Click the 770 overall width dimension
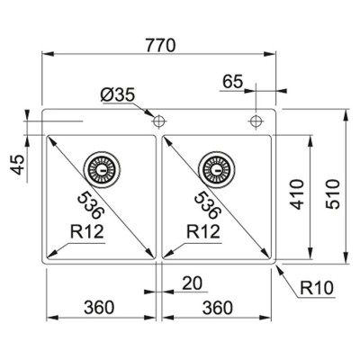[160, 45]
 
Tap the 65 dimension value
[232, 81]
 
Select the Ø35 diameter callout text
[118, 95]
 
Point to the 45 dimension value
[17, 165]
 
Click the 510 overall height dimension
[333, 194]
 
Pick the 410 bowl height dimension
[297, 194]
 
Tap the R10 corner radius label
[317, 288]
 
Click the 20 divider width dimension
[193, 283]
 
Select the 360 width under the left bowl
[99, 307]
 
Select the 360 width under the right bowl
[218, 307]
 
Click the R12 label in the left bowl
[87, 231]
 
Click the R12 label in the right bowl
[203, 231]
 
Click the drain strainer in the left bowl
[102, 170]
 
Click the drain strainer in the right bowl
[217, 170]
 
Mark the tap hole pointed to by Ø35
[158, 121]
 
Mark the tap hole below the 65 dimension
[256, 121]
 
